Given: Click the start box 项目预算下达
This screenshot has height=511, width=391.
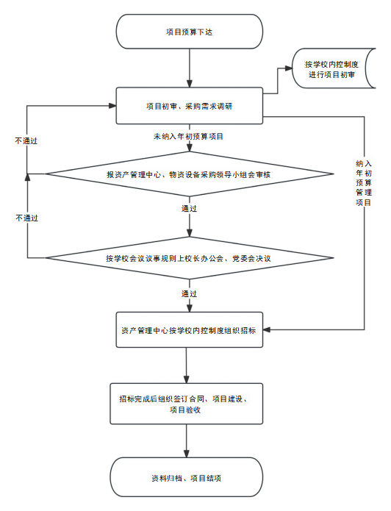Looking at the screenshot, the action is click(x=190, y=32).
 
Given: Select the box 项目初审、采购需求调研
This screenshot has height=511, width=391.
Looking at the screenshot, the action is click(x=190, y=106).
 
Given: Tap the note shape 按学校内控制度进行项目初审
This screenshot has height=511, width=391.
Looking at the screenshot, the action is click(x=334, y=68).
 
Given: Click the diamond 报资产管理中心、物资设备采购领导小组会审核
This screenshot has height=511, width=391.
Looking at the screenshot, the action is click(x=190, y=174).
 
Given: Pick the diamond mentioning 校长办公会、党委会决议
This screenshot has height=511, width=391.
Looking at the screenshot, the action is click(x=190, y=258).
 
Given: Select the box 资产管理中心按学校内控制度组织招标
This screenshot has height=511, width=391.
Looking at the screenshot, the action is click(x=190, y=330).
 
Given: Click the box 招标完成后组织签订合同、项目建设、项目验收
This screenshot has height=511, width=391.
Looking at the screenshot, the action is click(x=187, y=404).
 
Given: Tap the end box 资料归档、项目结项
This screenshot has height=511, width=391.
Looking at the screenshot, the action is click(x=187, y=477).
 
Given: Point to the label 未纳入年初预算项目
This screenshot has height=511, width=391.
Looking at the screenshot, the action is click(x=188, y=137).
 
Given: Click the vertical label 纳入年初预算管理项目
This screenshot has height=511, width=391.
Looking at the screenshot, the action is click(x=364, y=183).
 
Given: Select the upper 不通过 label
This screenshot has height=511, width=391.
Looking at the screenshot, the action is click(x=26, y=140).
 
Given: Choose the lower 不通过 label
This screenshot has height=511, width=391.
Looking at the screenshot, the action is click(x=26, y=218).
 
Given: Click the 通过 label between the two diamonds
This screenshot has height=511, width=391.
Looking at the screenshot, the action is click(x=189, y=208).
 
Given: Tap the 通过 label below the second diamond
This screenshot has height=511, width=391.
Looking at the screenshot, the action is click(x=189, y=293).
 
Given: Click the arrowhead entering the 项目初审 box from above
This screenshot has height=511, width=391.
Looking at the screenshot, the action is click(x=190, y=83).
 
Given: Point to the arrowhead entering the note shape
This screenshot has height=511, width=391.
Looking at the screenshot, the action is click(x=289, y=68).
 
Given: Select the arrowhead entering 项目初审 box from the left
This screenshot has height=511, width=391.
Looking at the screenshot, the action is click(x=112, y=106).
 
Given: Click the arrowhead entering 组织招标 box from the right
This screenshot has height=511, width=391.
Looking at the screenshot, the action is click(x=267, y=330).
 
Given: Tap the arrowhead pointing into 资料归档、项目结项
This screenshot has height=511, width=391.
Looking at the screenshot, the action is click(x=187, y=454).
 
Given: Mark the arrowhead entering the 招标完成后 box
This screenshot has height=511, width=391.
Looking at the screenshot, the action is click(x=187, y=379).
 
